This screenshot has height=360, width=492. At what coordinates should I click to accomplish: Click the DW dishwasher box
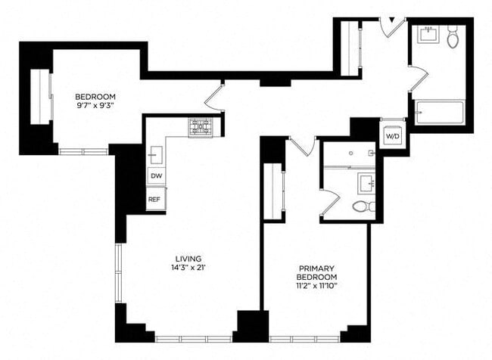[156, 175]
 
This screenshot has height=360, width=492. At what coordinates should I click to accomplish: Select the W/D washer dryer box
[393, 137]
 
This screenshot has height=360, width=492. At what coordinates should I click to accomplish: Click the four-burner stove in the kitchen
[201, 127]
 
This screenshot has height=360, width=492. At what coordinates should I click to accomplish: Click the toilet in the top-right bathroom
[453, 39]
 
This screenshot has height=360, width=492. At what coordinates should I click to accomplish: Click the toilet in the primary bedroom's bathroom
[363, 206]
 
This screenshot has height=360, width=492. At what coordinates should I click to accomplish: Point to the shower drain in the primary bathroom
[351, 153]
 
